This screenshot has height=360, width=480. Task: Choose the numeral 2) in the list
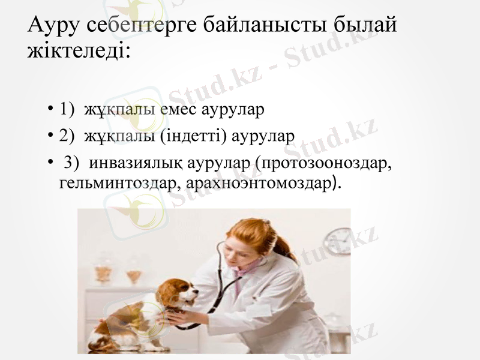coord(67,136)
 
